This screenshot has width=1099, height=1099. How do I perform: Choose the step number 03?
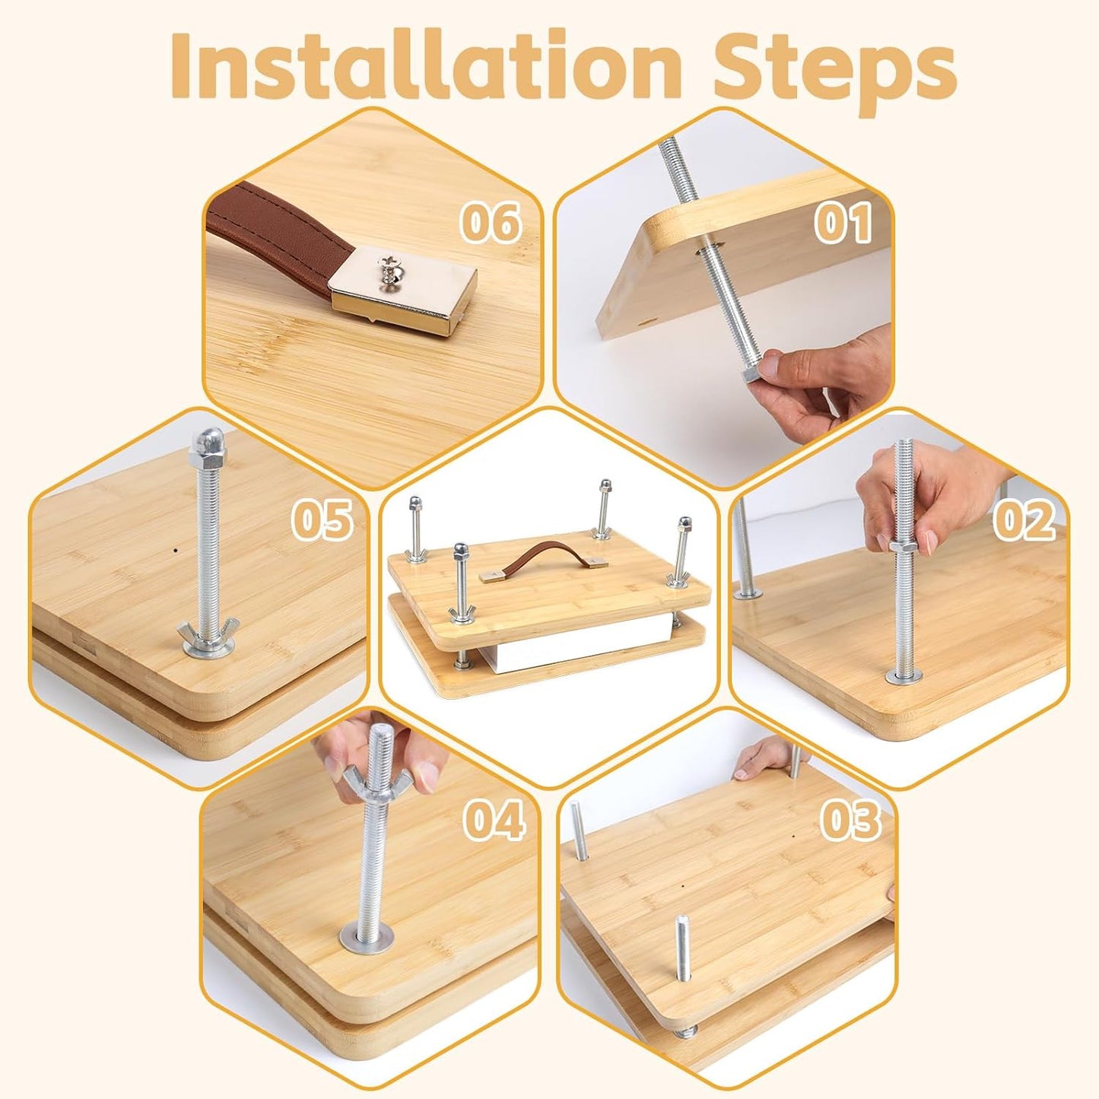[850, 821]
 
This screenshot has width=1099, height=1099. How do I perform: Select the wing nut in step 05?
[207, 630]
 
